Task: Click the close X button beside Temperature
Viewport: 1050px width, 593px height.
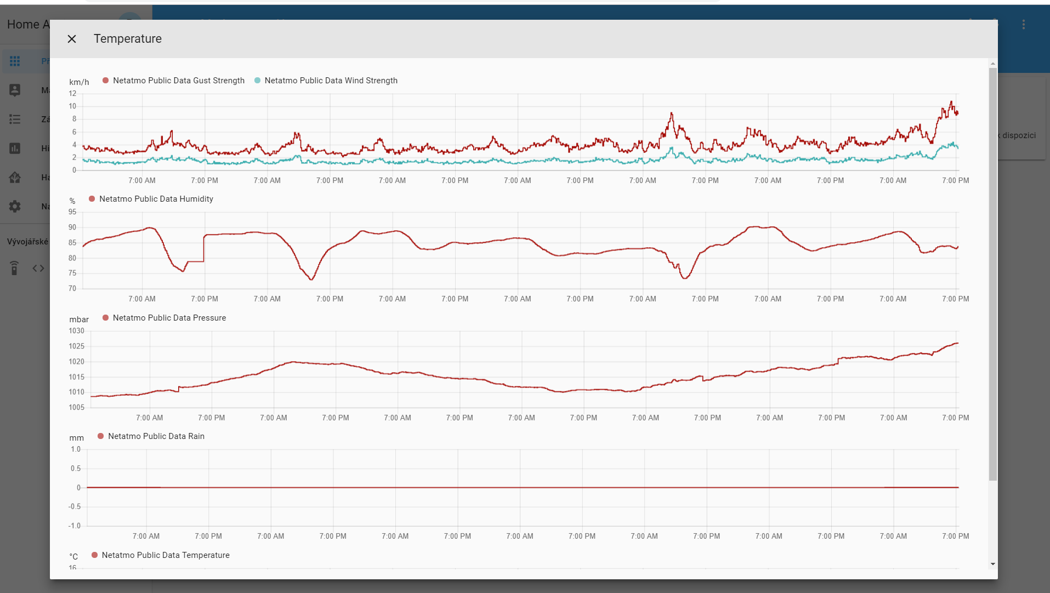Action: (x=72, y=39)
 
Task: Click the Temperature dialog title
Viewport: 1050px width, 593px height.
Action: (x=127, y=39)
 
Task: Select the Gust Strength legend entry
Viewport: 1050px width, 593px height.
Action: (x=174, y=81)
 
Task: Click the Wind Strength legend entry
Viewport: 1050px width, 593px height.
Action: (x=326, y=81)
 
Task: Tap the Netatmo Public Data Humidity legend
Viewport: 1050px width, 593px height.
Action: (x=151, y=199)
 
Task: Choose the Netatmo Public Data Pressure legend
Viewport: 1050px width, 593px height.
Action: (x=164, y=318)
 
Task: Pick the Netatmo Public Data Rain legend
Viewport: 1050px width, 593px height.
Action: (x=151, y=436)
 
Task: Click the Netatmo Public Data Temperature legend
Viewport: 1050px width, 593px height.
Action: (x=161, y=555)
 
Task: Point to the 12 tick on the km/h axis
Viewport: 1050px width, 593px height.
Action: (x=72, y=94)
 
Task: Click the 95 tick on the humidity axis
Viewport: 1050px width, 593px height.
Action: (x=72, y=212)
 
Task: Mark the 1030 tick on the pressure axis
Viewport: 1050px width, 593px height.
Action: (x=76, y=331)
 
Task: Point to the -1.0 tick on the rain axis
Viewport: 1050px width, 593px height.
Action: (x=75, y=526)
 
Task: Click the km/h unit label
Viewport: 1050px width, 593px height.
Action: (x=79, y=82)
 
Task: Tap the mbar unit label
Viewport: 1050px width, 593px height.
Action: (x=79, y=320)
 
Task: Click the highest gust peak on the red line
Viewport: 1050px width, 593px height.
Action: (x=951, y=102)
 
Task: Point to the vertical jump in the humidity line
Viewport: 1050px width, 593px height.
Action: (x=203, y=248)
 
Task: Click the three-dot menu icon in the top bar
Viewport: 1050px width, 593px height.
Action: (x=1023, y=25)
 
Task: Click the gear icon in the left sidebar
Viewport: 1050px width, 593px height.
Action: (x=15, y=206)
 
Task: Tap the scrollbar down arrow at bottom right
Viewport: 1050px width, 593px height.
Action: (x=993, y=564)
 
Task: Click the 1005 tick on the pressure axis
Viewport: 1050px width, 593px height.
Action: (x=76, y=408)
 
